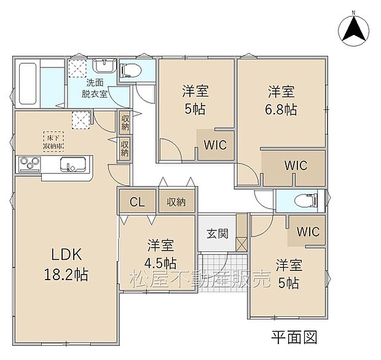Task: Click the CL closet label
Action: click(137, 202)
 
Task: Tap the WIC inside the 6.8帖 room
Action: click(295, 165)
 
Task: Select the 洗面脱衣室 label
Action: click(96, 88)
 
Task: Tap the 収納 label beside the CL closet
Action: click(177, 202)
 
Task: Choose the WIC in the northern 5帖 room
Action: click(216, 145)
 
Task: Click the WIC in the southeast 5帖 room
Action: click(308, 232)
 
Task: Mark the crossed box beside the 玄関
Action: click(242, 243)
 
